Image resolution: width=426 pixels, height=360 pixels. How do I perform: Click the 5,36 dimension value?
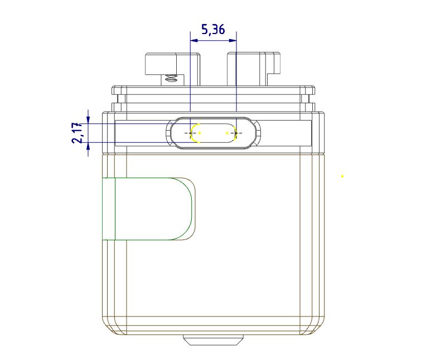(x=213, y=30)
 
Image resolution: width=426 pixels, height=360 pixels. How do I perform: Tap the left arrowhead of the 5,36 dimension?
(x=193, y=40)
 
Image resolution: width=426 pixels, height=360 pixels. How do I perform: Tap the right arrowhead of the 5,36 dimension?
(x=234, y=40)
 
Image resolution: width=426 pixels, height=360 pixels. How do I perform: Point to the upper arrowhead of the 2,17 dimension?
(x=88, y=118)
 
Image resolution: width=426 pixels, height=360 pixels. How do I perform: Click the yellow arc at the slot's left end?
(x=193, y=134)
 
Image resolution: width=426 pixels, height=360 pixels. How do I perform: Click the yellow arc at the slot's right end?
(x=238, y=133)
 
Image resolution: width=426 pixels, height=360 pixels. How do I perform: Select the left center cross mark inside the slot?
(x=191, y=133)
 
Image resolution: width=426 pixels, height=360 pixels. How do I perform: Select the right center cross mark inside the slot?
(x=236, y=133)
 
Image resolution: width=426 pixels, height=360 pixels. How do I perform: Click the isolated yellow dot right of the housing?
(x=342, y=176)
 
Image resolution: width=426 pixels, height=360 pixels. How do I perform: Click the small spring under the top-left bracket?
(x=172, y=79)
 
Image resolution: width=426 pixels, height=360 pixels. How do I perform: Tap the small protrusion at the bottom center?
(x=214, y=339)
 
